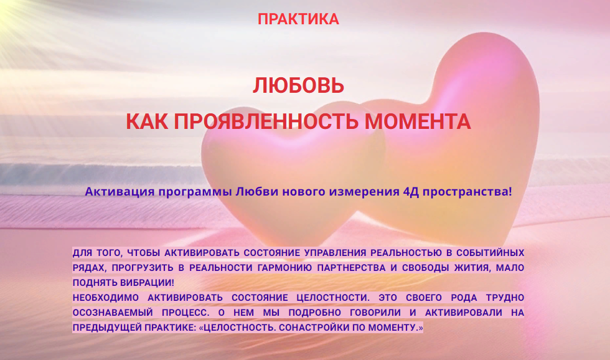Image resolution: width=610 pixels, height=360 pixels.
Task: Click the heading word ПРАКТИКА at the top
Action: pos(298,19)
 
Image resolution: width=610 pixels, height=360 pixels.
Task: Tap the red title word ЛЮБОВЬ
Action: pos(298,85)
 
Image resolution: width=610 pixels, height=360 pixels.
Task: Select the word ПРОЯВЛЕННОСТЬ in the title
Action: pos(268,121)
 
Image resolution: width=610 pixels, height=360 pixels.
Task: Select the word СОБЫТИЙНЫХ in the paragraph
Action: pos(491,253)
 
